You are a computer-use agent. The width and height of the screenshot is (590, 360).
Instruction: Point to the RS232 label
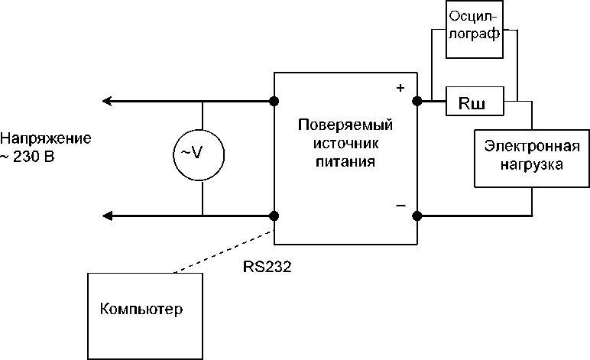click(x=267, y=267)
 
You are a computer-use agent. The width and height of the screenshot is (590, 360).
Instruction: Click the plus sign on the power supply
click(x=399, y=89)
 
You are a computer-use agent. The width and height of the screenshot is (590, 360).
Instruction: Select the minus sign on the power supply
click(x=400, y=206)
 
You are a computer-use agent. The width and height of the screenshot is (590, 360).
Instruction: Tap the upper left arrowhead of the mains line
click(x=108, y=101)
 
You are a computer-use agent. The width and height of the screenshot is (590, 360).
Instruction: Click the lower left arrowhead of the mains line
click(x=108, y=216)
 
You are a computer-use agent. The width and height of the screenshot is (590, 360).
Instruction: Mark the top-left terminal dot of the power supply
click(x=274, y=101)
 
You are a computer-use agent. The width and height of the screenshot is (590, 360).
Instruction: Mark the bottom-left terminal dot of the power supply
click(x=274, y=216)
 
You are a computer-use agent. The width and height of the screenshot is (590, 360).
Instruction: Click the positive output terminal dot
click(x=417, y=101)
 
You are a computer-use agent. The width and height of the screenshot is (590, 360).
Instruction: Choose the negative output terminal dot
click(x=417, y=216)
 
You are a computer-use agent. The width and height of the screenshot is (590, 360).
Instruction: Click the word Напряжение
click(x=46, y=138)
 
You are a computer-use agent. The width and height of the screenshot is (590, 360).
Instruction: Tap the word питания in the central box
click(x=345, y=162)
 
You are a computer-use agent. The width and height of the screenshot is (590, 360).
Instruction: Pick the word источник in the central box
click(x=345, y=144)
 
